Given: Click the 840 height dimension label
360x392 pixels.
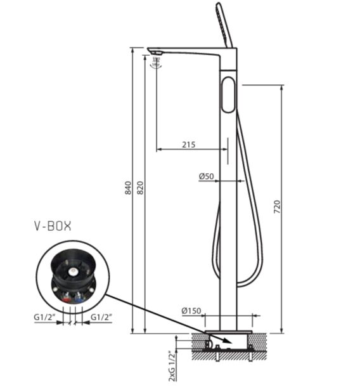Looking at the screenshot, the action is (128, 188).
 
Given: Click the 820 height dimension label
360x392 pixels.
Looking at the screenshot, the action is (141, 188).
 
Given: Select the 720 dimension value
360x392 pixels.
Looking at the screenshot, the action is (278, 207).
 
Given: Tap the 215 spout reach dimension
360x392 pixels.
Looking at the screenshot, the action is (189, 145).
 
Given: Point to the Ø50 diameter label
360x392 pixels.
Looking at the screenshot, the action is (207, 176).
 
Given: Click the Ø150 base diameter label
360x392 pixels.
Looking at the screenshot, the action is (191, 311).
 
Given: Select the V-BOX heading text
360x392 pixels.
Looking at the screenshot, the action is (53, 226).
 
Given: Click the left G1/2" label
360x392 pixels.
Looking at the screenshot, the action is (44, 317).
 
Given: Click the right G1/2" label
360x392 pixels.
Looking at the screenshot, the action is (101, 317).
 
